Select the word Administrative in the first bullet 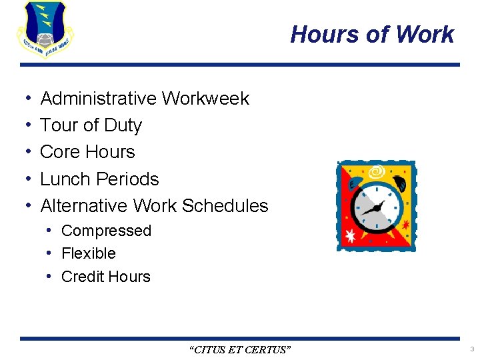tap(99, 99)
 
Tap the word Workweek tap(206, 99)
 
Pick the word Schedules tap(225, 206)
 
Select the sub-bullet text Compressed tap(106, 231)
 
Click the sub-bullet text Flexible tap(89, 253)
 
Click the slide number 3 tap(471, 349)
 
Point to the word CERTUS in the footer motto tap(268, 349)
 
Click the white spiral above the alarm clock tap(377, 172)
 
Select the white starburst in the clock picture tap(351, 235)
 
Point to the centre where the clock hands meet tap(377, 209)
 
